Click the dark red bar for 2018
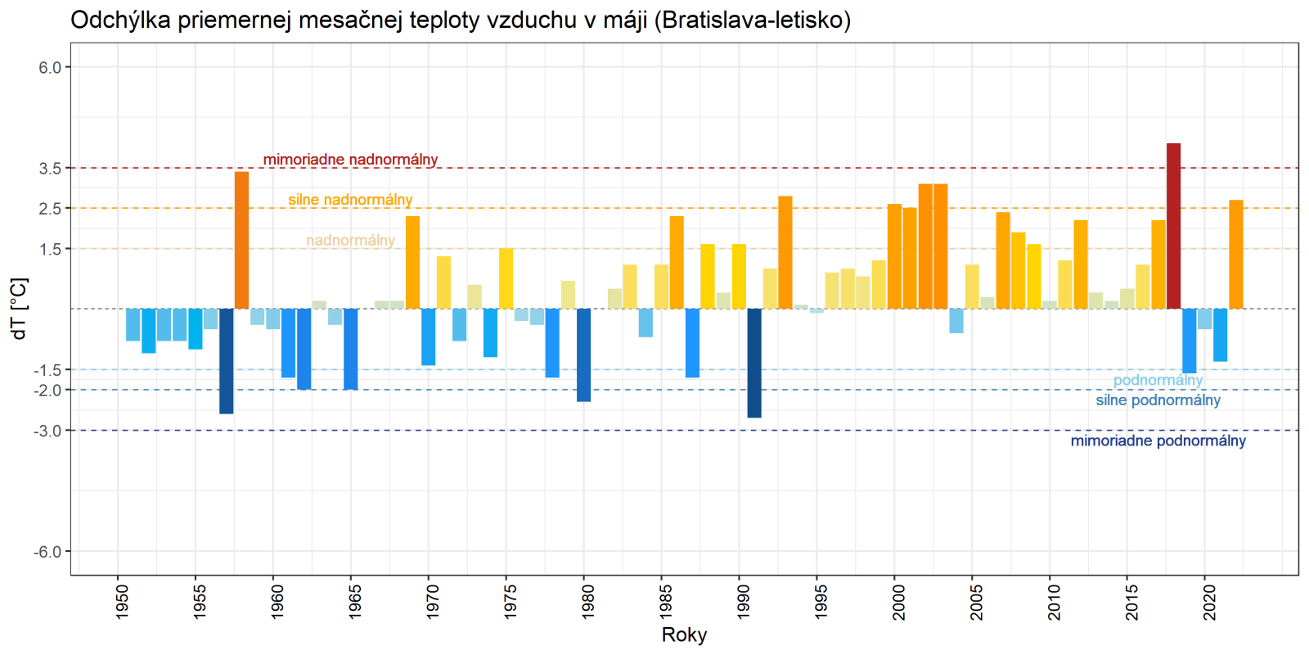pos(1173,226)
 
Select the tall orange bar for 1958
pos(241,240)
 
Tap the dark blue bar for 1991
pos(754,363)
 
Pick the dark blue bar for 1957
pos(226,361)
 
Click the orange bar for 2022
pos(1235,255)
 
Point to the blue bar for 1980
pos(583,355)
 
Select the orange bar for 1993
pos(785,252)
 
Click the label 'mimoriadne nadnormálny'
pos(350,160)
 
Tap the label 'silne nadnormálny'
pos(350,200)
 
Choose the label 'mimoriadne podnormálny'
pos(1158,441)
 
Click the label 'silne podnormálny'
pos(1158,400)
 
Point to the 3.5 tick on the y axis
pos(51,169)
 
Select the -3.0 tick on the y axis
pos(48,431)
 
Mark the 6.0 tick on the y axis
pos(51,68)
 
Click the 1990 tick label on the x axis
pos(740,602)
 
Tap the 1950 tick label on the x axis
pos(118,602)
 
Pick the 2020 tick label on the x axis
pos(1205,602)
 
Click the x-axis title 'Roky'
pos(684,635)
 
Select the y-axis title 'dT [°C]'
pos(20,309)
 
